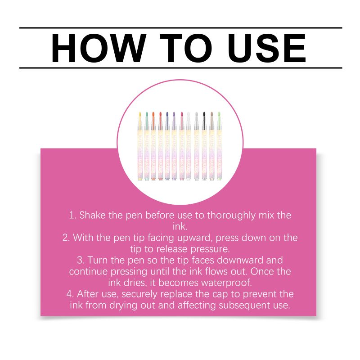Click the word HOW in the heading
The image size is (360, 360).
pyautogui.click(x=99, y=48)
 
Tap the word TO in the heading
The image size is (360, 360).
pyautogui.click(x=185, y=48)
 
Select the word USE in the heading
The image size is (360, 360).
pyautogui.click(x=267, y=48)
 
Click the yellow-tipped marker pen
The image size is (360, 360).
pyautogui.click(x=140, y=146)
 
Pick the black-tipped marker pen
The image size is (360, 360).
pyautogui.click(x=204, y=146)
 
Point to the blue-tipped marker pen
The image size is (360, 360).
pyautogui.click(x=167, y=146)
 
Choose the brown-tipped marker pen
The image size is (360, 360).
pyautogui.click(x=211, y=146)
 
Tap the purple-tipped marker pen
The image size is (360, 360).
pyautogui.click(x=174, y=146)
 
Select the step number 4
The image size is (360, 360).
pyautogui.click(x=70, y=294)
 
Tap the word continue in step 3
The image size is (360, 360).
pyautogui.click(x=88, y=272)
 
